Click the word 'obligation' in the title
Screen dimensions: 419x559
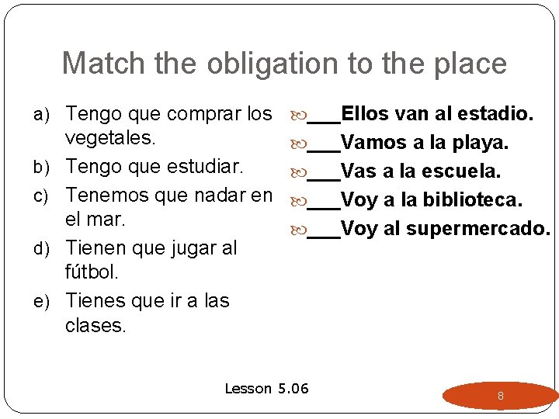[227, 64]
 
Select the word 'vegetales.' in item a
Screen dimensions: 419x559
[112, 140]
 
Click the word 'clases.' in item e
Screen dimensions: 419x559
[95, 325]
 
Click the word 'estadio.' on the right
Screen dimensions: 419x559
[495, 115]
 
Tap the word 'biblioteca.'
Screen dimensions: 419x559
[473, 199]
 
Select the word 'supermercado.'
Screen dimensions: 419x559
[478, 228]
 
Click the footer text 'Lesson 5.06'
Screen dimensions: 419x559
[266, 389]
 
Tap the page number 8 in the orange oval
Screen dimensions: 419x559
[501, 396]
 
